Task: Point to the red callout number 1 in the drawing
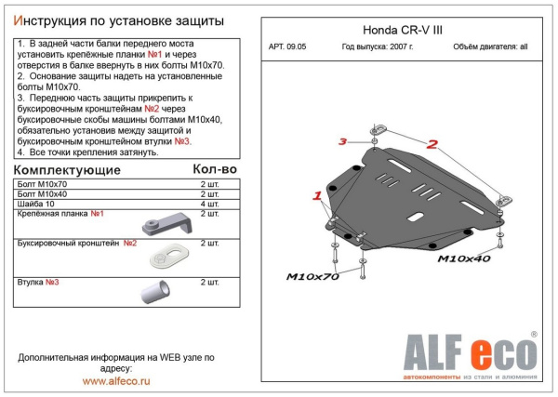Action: [317, 196]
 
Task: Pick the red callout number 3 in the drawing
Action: [341, 142]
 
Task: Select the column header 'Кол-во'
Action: [214, 169]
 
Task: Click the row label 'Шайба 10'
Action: [34, 204]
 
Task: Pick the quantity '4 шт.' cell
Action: [210, 204]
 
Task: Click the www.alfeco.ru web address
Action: [117, 381]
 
